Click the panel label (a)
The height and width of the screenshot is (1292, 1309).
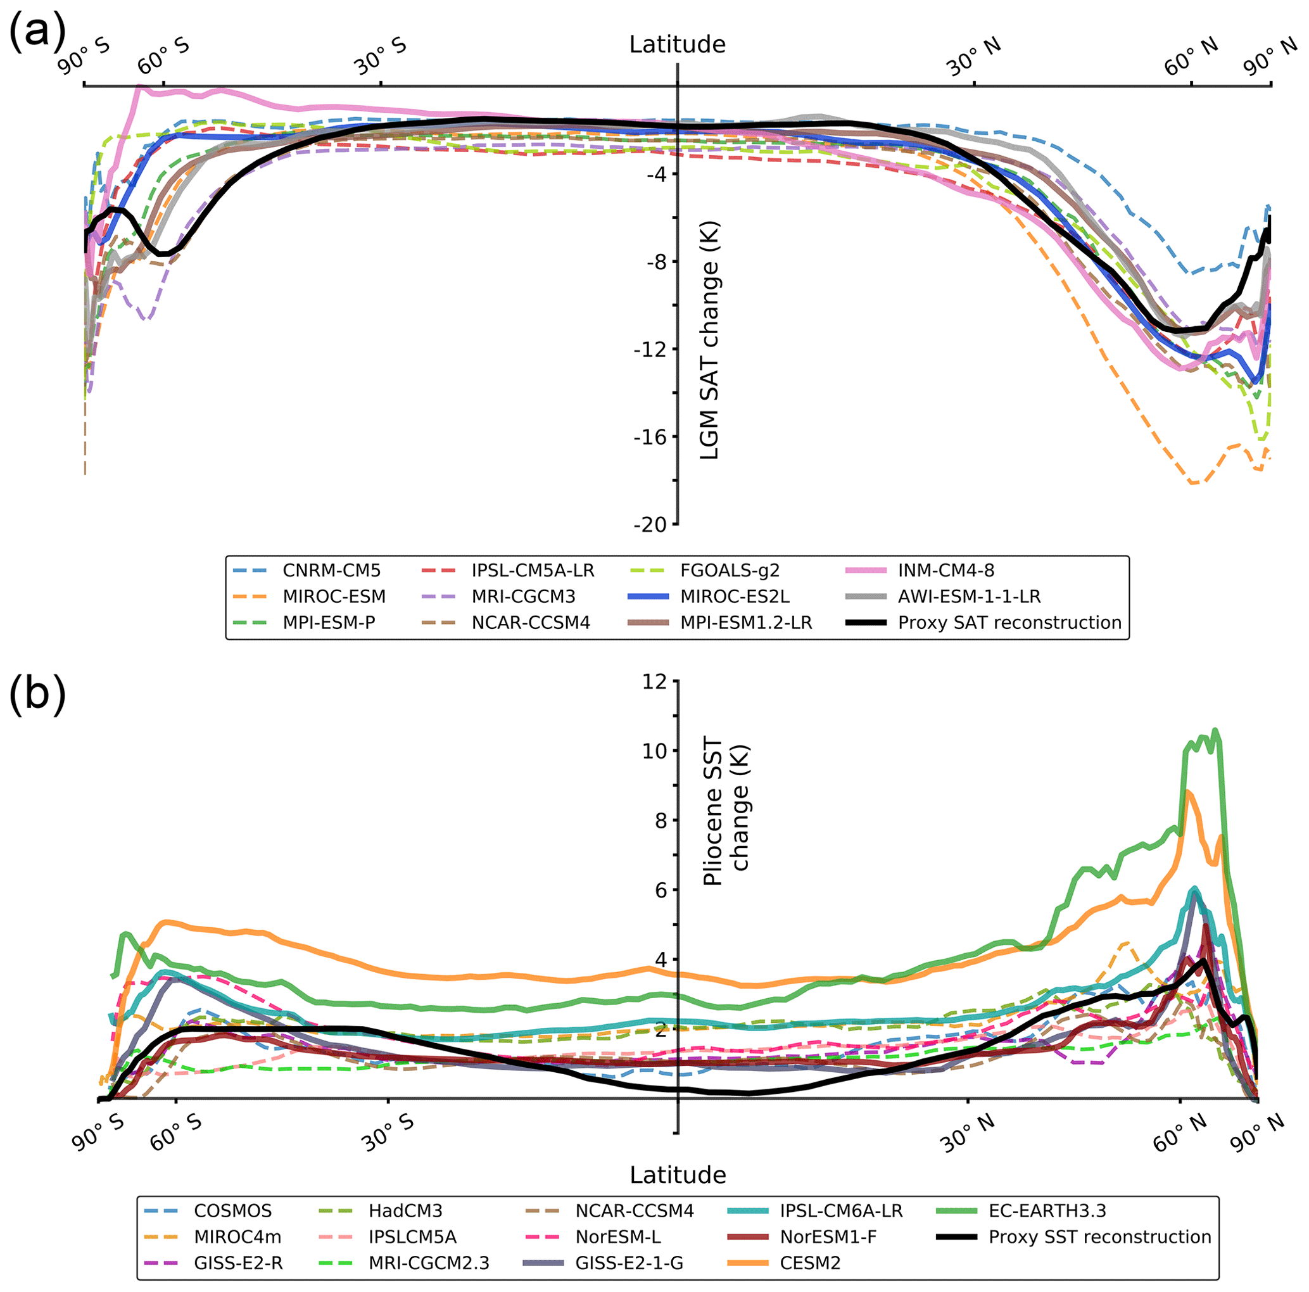(x=37, y=31)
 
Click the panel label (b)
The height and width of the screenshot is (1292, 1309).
(x=37, y=694)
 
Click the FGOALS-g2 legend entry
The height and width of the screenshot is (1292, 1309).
(x=730, y=571)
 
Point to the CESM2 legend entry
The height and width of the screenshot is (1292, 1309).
(x=810, y=1263)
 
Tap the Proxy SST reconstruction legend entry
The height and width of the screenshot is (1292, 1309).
(x=1099, y=1236)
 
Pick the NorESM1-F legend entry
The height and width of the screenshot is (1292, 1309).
(x=828, y=1236)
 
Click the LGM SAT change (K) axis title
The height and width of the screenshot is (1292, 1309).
(x=709, y=341)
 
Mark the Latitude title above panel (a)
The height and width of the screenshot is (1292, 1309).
(x=677, y=45)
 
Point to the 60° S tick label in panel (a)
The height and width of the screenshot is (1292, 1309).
(x=164, y=57)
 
